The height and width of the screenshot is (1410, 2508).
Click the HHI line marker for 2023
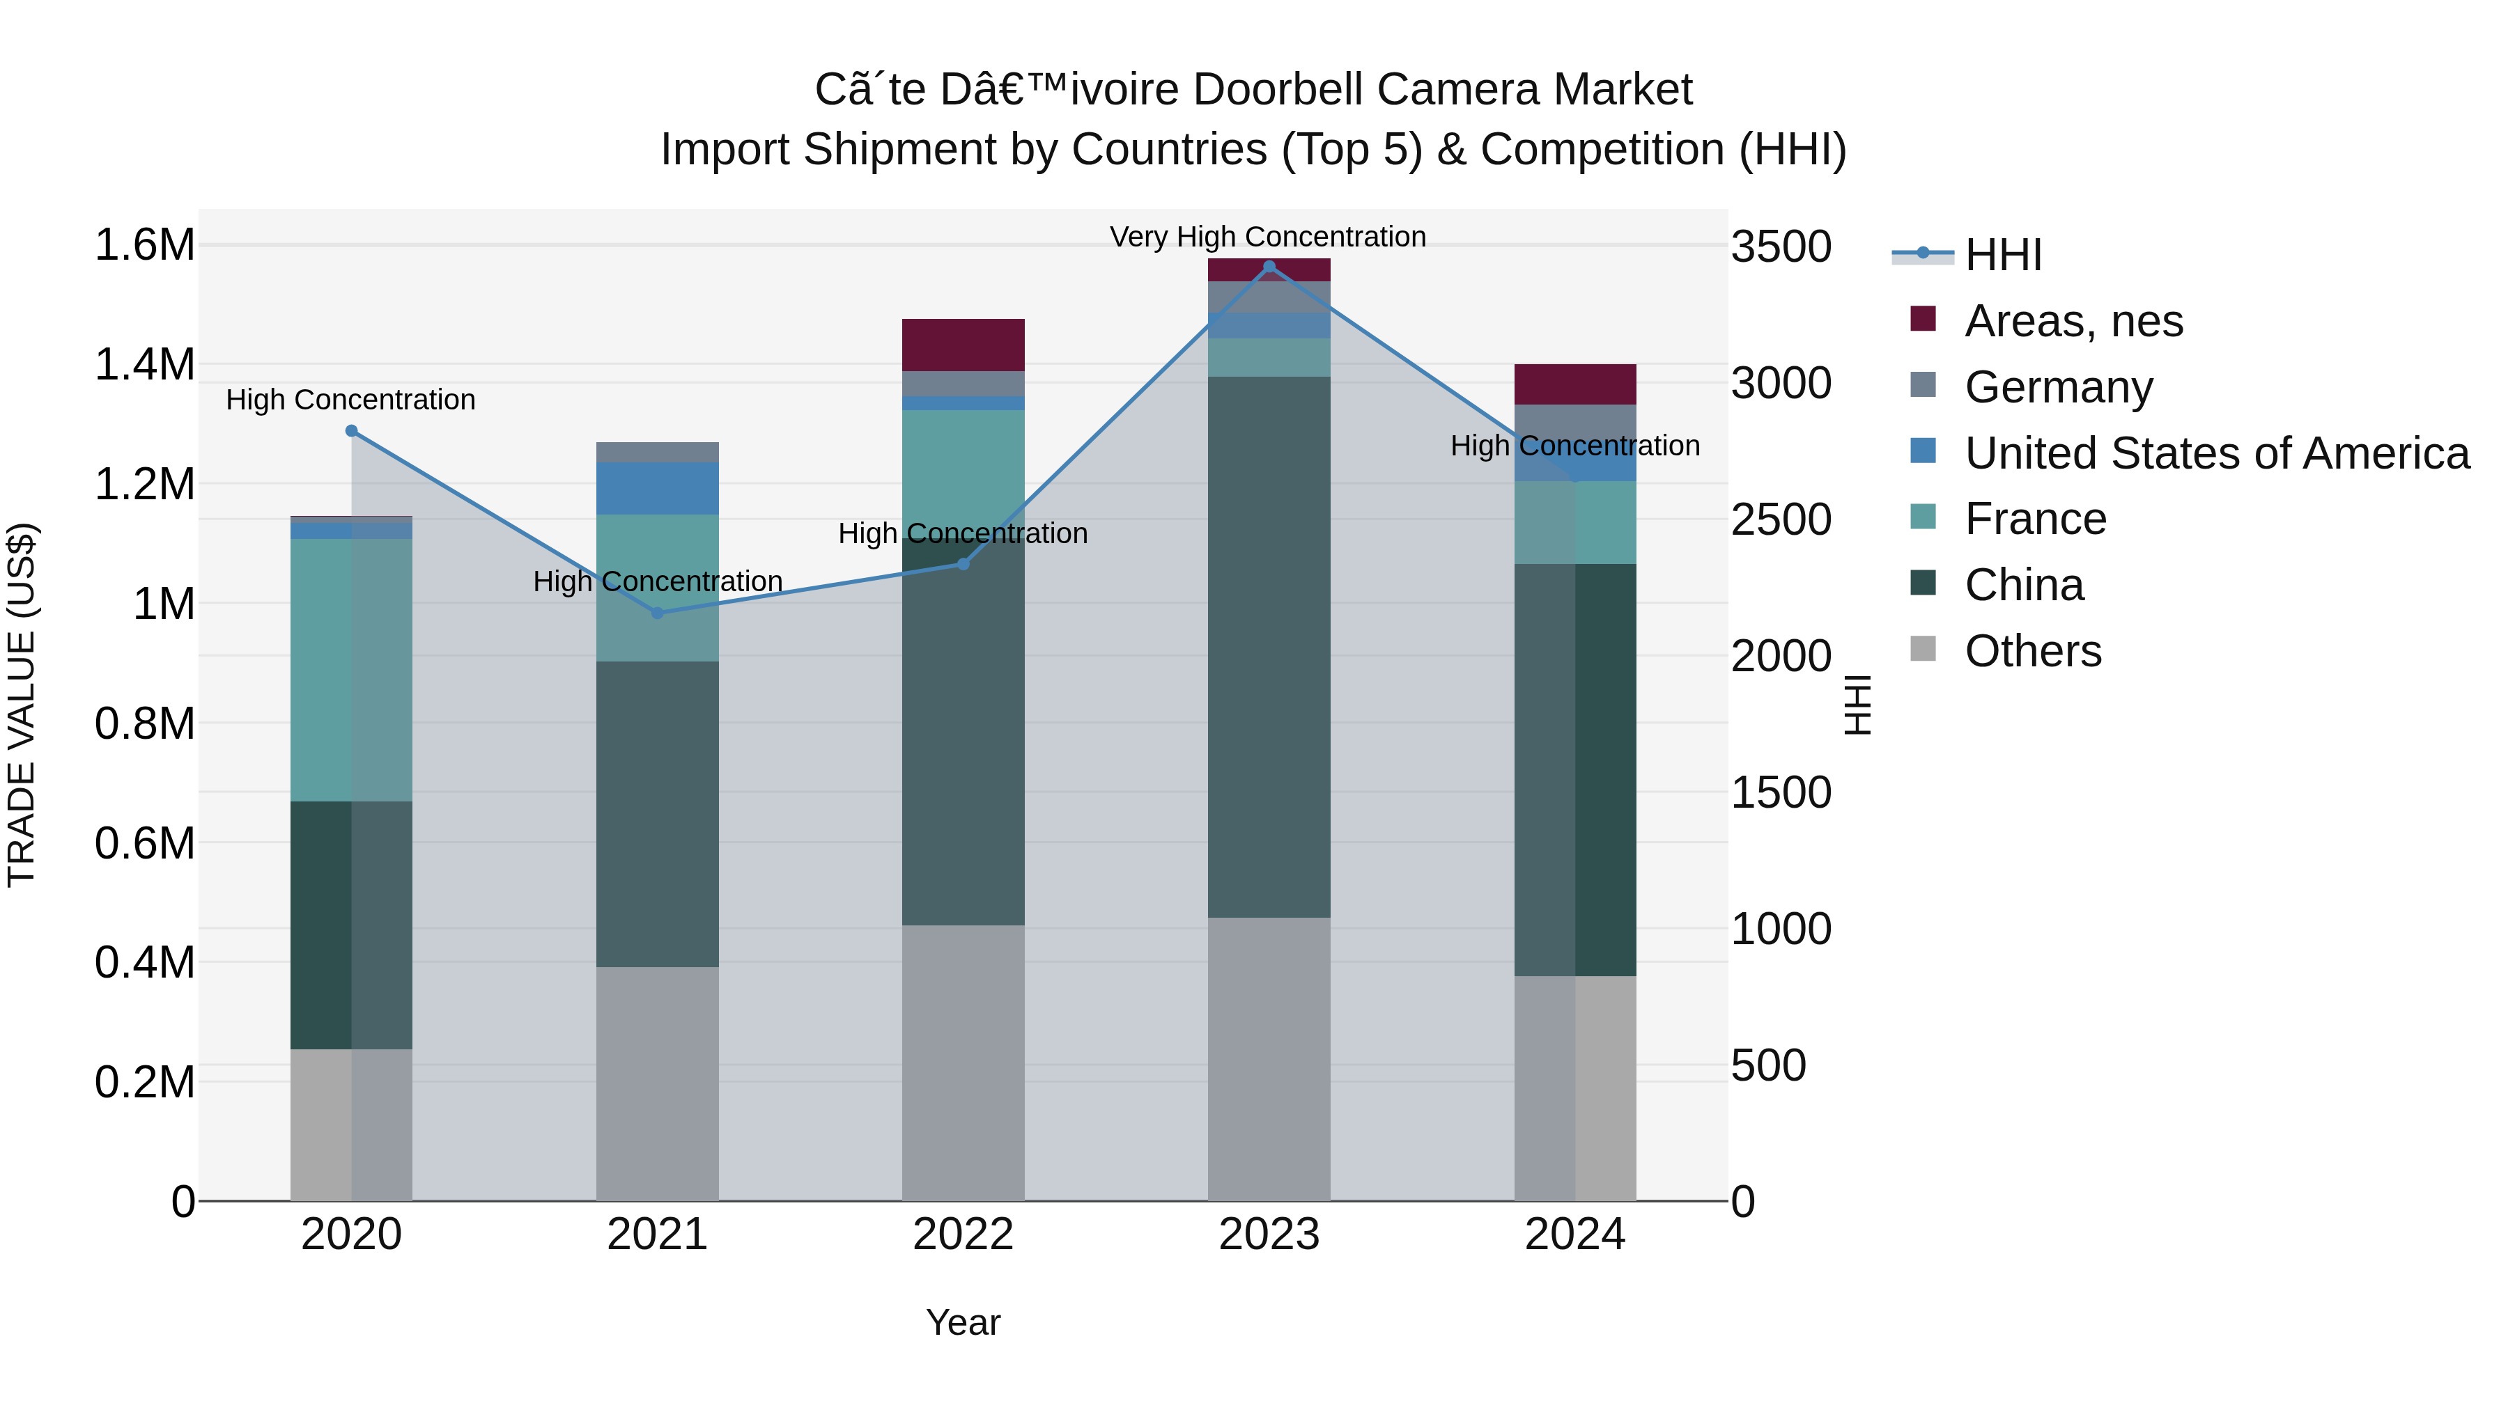pos(1269,267)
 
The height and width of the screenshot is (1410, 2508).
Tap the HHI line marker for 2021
pos(657,613)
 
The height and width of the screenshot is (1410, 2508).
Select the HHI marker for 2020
pos(352,431)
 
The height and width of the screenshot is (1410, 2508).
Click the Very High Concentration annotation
pos(1268,237)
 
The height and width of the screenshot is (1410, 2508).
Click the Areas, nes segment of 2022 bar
pos(963,345)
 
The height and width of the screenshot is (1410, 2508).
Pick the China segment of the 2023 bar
pos(1269,647)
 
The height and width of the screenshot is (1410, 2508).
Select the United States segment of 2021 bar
pos(657,489)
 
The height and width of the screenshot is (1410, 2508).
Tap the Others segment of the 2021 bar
pos(657,1083)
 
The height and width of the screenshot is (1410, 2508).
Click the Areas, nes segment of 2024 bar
pos(1574,384)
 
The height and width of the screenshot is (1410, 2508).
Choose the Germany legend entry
pos(2057,387)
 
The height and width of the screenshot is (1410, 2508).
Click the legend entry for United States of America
pos(2216,453)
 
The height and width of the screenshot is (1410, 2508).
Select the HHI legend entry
pos(2002,255)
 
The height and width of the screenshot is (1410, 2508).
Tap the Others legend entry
pos(2032,651)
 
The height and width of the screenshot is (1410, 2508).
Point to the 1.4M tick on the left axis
pos(144,365)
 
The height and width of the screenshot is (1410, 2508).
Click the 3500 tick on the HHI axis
pos(1781,246)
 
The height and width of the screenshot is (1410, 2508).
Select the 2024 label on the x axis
pos(1574,1235)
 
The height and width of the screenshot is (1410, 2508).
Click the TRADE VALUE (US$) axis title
pos(22,705)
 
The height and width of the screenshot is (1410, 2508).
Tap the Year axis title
pos(963,1322)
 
